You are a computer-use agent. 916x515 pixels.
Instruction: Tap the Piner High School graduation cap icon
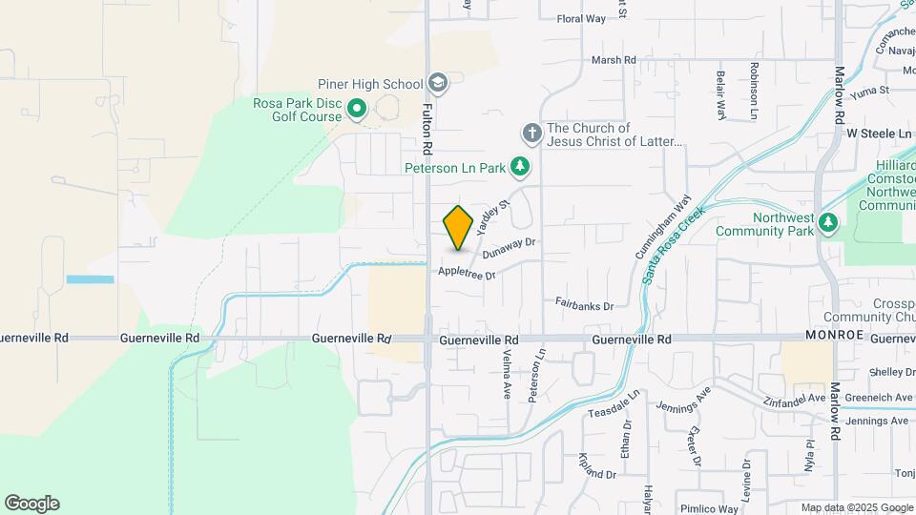coord(438,82)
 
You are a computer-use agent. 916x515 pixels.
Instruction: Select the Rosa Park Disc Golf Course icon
coord(357,110)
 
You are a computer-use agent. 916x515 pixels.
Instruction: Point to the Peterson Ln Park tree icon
coord(519,168)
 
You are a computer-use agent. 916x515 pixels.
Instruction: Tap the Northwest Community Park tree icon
coord(828,223)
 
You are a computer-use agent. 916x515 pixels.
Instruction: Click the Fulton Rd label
coord(428,134)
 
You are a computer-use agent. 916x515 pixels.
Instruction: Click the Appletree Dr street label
coord(468,273)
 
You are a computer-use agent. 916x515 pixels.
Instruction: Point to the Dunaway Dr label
coord(510,248)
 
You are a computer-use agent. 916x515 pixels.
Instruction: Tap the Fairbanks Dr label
coord(584,304)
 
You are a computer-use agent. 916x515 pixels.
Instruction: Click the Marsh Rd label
coord(613,60)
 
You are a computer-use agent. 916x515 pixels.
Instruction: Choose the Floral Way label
coord(581,18)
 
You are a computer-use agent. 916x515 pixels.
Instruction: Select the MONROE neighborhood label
coord(835,336)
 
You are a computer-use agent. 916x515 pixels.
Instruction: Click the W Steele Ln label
coord(879,134)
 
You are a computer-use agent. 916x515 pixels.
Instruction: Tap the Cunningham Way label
coord(662,229)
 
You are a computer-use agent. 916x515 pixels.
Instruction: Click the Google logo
coord(31,503)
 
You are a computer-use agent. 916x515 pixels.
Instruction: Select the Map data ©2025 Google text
coord(856,507)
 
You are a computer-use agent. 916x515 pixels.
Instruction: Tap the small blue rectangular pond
coord(90,279)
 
